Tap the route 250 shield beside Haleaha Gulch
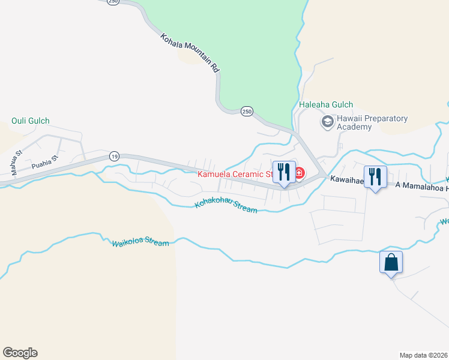246,111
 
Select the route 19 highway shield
114,156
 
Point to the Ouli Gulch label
31,121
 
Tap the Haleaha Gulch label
326,105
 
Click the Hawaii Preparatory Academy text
372,123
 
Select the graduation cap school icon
327,122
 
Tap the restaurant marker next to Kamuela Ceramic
284,173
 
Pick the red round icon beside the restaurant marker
299,174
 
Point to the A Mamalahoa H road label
422,185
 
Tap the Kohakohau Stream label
226,208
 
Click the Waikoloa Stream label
140,243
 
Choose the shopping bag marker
391,263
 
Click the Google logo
20,353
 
